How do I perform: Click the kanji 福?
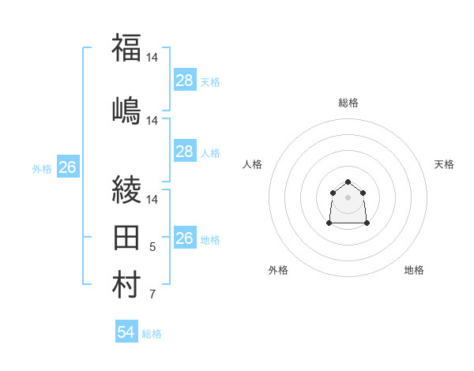[126, 48]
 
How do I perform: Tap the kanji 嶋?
[126, 111]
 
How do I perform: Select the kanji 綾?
[126, 189]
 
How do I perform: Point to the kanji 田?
[126, 238]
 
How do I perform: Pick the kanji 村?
[126, 285]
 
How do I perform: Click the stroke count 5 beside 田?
[152, 248]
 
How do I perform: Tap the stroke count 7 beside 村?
[152, 295]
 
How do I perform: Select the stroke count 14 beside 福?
[152, 58]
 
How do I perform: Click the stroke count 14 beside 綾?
[152, 199]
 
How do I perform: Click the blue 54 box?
[126, 332]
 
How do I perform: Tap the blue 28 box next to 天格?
[185, 81]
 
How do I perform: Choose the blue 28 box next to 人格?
[185, 152]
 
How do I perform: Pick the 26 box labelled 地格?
[185, 238]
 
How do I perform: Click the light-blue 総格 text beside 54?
[152, 334]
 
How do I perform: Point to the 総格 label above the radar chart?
[348, 103]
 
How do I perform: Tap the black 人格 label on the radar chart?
[253, 164]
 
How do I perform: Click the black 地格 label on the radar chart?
[414, 270]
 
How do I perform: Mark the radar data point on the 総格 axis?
[348, 182]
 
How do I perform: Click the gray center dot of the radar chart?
[348, 197]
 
